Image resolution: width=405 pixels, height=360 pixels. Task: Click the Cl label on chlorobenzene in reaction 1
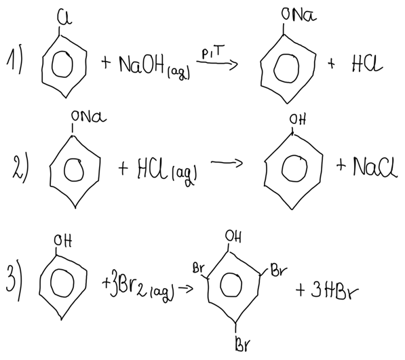[x=64, y=18]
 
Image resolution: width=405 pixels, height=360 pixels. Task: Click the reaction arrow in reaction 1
[x=217, y=62]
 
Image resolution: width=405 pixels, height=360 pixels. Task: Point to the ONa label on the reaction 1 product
[x=299, y=15]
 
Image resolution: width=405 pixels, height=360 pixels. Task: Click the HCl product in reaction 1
[x=367, y=64]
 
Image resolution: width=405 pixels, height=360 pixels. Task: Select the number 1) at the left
[x=14, y=61]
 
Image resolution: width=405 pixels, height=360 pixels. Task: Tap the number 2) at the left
[x=20, y=169]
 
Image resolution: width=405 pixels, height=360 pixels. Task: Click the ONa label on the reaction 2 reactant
[x=89, y=117]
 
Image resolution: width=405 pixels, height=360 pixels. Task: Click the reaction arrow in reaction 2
[x=227, y=163]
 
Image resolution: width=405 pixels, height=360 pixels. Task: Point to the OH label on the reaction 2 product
[x=298, y=120]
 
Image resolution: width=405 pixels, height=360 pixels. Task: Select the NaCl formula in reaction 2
[x=375, y=167]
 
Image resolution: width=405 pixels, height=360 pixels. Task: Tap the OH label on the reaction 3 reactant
[x=63, y=241]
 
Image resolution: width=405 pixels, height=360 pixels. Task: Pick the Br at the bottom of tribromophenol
[x=243, y=343]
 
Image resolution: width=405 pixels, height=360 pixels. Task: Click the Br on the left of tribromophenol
[x=198, y=268]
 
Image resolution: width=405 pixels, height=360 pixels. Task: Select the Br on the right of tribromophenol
[x=279, y=271]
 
